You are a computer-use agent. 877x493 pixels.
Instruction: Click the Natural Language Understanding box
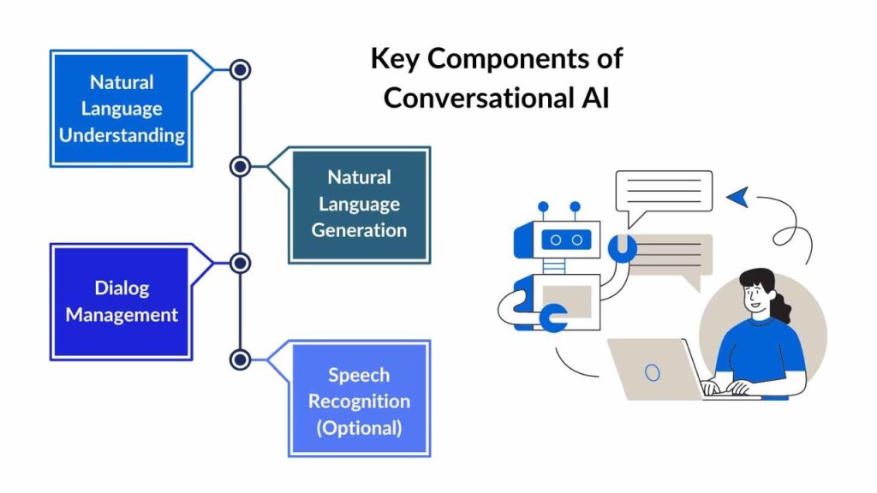click(x=121, y=109)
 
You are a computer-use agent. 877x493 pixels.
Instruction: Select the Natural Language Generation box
click(x=359, y=204)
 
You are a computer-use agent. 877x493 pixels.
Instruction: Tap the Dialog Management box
click(x=121, y=301)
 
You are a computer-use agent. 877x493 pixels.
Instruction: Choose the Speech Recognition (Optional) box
click(x=359, y=400)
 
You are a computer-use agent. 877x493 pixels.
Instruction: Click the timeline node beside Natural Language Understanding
click(x=241, y=69)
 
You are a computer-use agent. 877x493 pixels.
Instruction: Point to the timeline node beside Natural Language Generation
click(x=241, y=166)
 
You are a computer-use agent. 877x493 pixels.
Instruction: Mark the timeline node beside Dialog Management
click(x=241, y=263)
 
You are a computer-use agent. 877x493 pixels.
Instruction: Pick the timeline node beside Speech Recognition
click(x=241, y=359)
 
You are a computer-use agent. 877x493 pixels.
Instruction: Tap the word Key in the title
click(x=396, y=59)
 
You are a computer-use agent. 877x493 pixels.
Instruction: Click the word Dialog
click(x=122, y=288)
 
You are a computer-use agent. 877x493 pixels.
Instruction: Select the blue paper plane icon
click(x=738, y=197)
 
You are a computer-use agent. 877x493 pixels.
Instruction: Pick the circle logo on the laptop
click(x=653, y=372)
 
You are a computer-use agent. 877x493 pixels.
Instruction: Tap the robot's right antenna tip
click(x=575, y=206)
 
